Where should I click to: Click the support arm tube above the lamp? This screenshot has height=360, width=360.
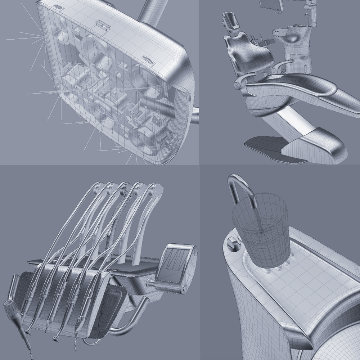coord(148,11)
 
